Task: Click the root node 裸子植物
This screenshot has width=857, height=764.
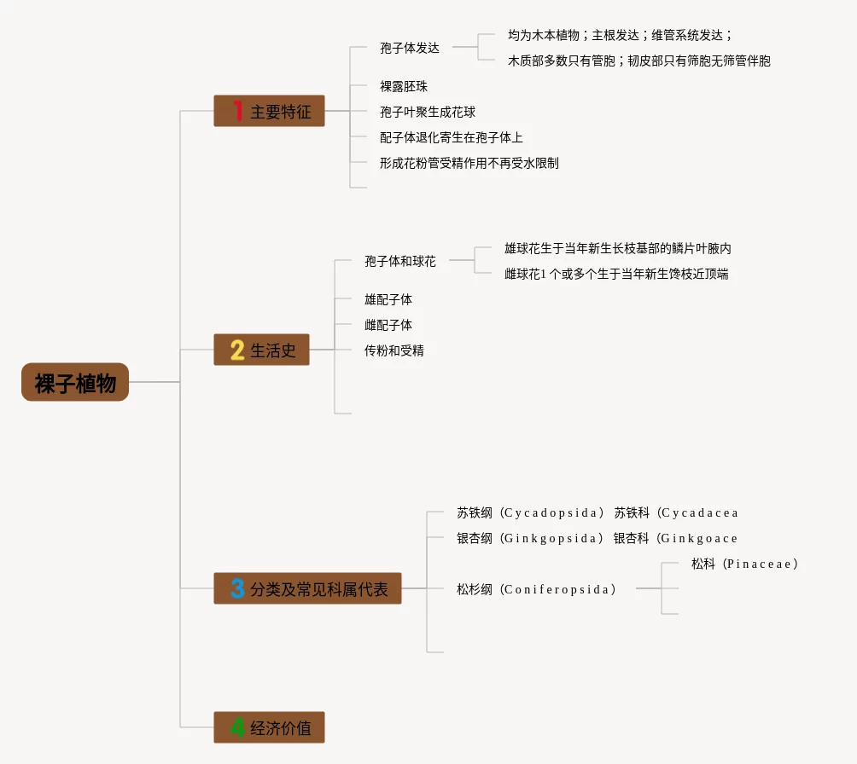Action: [x=75, y=382]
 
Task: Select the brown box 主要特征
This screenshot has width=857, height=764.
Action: [x=269, y=111]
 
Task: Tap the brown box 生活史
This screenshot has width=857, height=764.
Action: [x=261, y=350]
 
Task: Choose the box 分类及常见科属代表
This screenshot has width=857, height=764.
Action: [x=307, y=588]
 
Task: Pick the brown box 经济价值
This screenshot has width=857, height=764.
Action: [x=269, y=727]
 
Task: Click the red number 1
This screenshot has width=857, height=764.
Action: [x=238, y=110]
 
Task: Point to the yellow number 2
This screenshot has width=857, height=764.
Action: [x=237, y=350]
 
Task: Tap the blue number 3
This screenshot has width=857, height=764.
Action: [x=237, y=588]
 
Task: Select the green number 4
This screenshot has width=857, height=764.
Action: [x=237, y=727]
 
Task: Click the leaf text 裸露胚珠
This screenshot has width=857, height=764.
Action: [x=404, y=86]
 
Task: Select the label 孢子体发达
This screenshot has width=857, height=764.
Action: [x=410, y=48]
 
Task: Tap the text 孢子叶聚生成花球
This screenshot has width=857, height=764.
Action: [x=428, y=112]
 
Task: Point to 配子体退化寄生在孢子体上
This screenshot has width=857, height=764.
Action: [x=451, y=137]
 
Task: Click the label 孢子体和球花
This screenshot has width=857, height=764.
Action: [x=400, y=262]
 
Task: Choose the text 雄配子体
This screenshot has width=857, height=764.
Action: [x=388, y=300]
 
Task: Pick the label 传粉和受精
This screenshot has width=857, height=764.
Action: [x=394, y=350]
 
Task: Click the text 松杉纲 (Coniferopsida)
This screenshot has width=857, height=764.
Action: [x=537, y=589]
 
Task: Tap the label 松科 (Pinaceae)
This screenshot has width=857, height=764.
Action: [x=744, y=564]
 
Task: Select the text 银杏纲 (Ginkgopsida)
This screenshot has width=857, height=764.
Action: [x=530, y=538]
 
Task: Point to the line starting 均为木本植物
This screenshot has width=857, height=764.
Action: [x=620, y=36]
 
